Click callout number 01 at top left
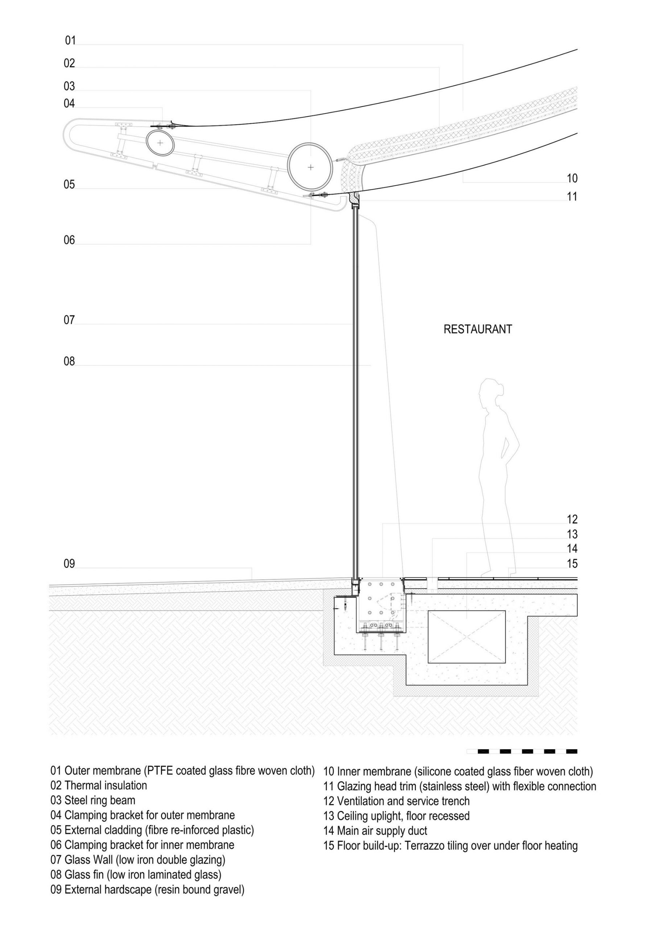coord(70,40)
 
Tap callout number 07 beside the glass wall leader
coord(69,320)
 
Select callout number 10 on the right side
coord(572,178)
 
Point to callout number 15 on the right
coord(572,563)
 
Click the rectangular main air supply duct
coord(466,637)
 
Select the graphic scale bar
coord(522,751)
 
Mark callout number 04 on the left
coord(69,104)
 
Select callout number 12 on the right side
coord(572,519)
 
